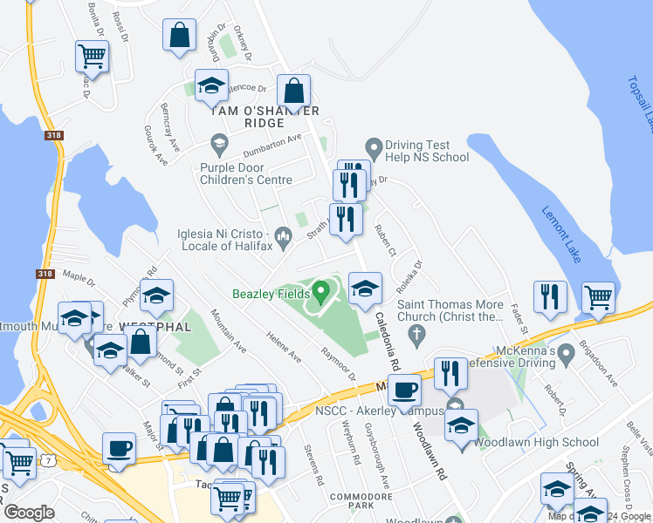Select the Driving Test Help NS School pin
pyautogui.click(x=375, y=146)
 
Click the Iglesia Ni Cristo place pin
pyautogui.click(x=283, y=235)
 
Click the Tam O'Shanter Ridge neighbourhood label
pyautogui.click(x=264, y=111)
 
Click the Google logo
pyautogui.click(x=29, y=513)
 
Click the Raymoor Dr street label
pyautogui.click(x=338, y=364)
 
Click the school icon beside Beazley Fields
pyautogui.click(x=365, y=288)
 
